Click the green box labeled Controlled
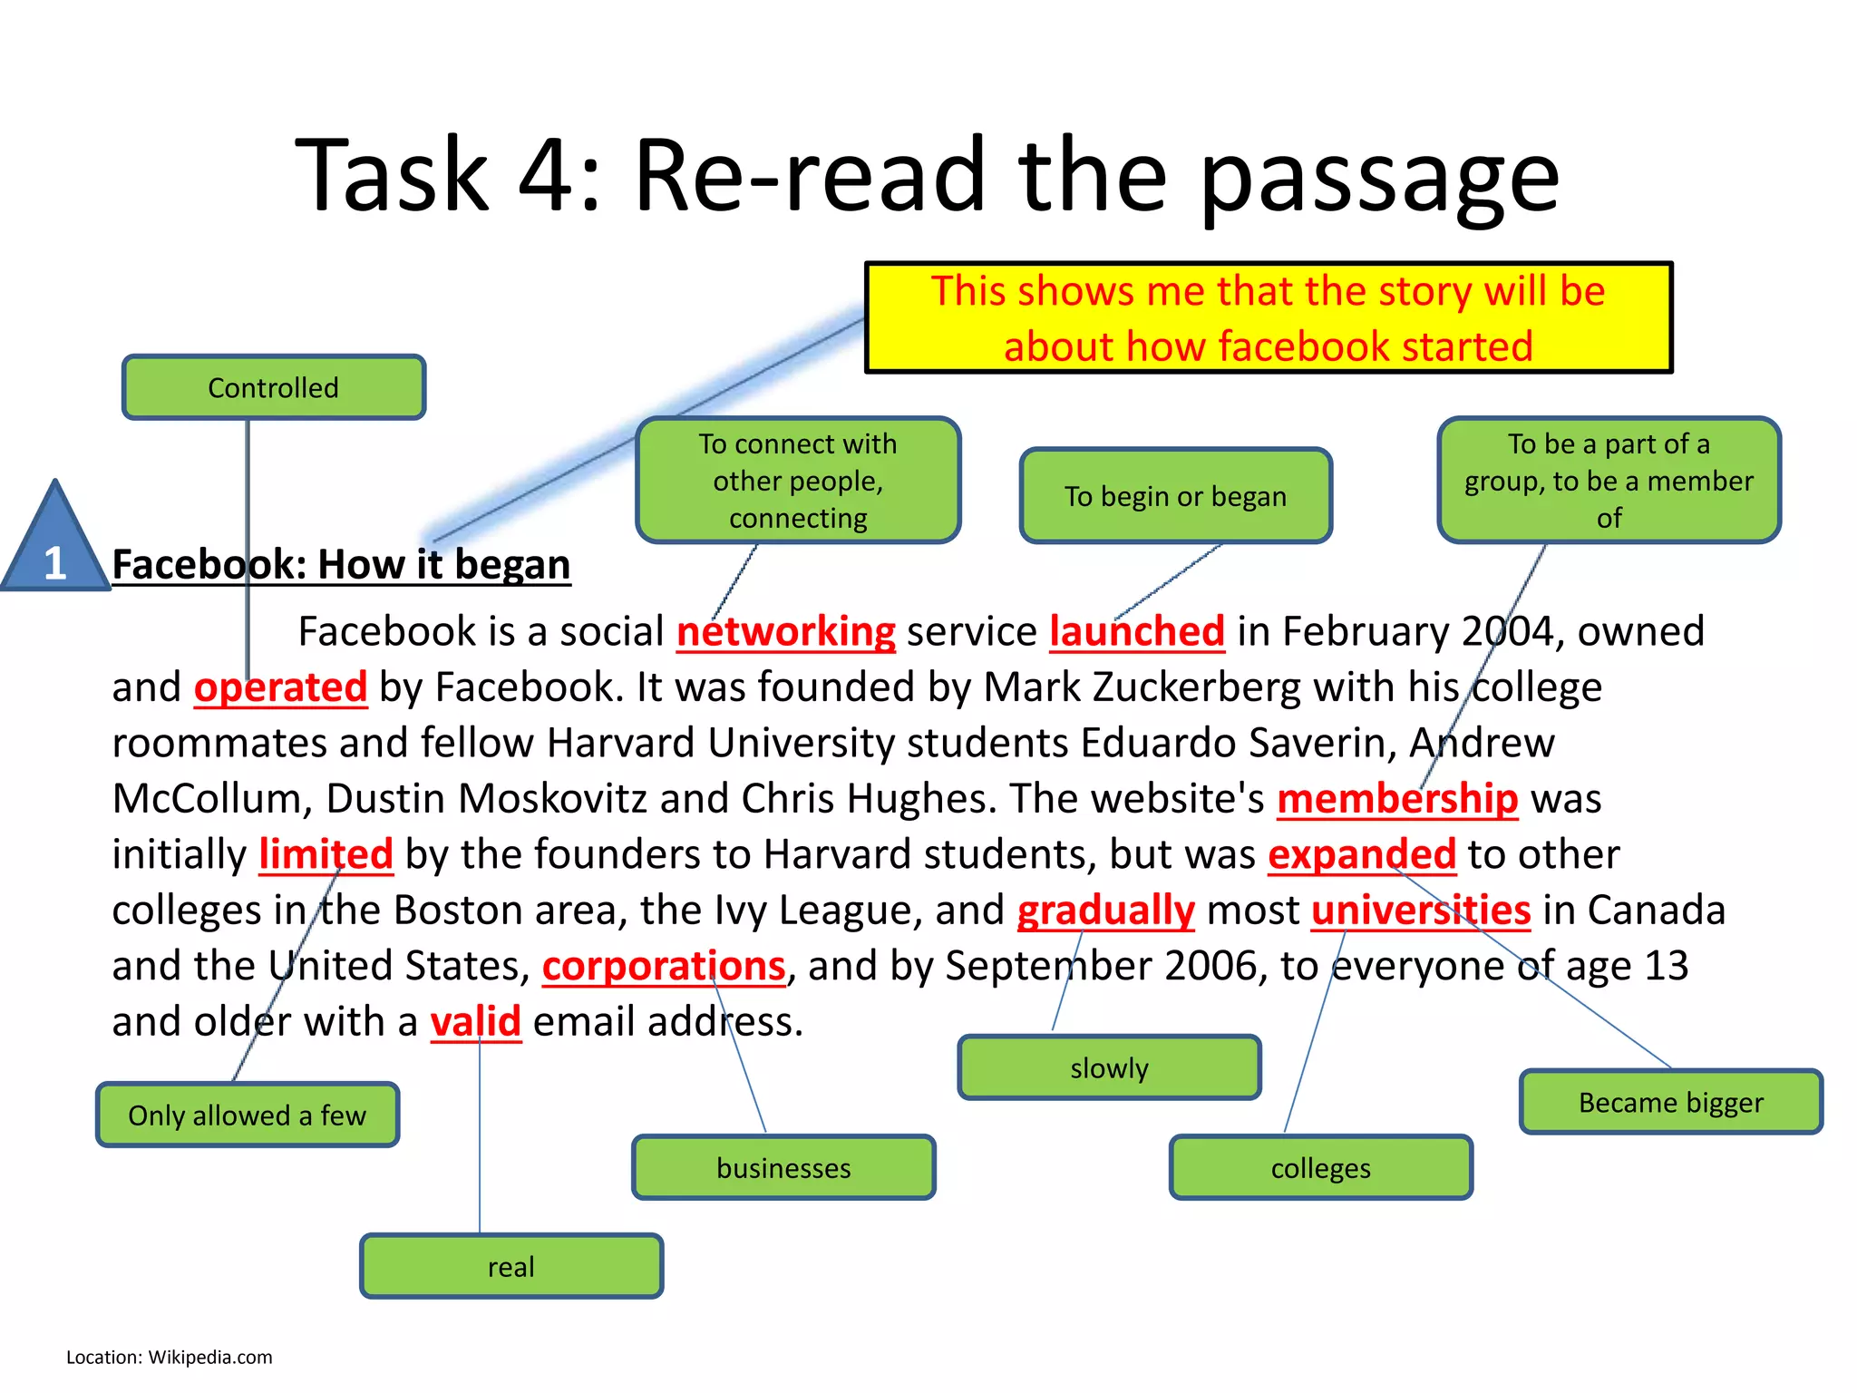click(x=273, y=387)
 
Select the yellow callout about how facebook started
click(x=1268, y=317)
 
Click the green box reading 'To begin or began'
click(x=1175, y=496)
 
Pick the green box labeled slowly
click(x=1109, y=1067)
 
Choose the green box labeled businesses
click(x=783, y=1167)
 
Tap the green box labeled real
click(x=511, y=1266)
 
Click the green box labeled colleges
click(x=1320, y=1167)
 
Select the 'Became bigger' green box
click(x=1670, y=1102)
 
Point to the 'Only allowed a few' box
click(x=247, y=1115)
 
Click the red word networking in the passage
click(x=786, y=631)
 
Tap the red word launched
click(x=1137, y=631)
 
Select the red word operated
click(x=280, y=687)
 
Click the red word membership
click(x=1397, y=799)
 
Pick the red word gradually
click(x=1105, y=911)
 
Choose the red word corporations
click(x=664, y=966)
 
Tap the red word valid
click(x=475, y=1022)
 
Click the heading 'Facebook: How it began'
click(x=341, y=564)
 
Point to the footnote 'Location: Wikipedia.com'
click(x=169, y=1357)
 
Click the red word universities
click(x=1421, y=911)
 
